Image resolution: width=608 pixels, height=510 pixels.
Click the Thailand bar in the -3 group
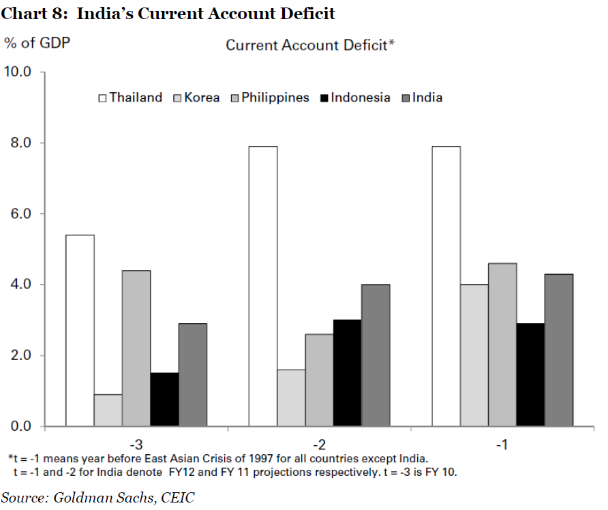pyautogui.click(x=80, y=331)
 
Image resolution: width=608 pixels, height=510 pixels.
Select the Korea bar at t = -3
pyautogui.click(x=108, y=410)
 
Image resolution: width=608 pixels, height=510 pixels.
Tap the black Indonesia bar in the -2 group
pyautogui.click(x=347, y=373)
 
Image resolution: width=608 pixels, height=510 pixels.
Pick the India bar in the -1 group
pyautogui.click(x=558, y=350)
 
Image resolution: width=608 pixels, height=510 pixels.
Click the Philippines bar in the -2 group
pyautogui.click(x=319, y=380)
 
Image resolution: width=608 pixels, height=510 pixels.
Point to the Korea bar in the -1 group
pyautogui.click(x=474, y=355)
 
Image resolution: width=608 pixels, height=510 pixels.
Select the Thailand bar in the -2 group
pyautogui.click(x=262, y=286)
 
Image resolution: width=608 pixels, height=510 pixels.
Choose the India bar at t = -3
pyautogui.click(x=192, y=374)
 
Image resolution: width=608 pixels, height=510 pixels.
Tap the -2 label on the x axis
pyautogui.click(x=318, y=445)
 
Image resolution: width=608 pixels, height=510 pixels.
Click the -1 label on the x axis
pyautogui.click(x=502, y=445)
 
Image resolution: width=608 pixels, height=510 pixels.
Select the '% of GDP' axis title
pyautogui.click(x=37, y=42)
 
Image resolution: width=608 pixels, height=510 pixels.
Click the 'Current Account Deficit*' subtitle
pyautogui.click(x=311, y=45)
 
